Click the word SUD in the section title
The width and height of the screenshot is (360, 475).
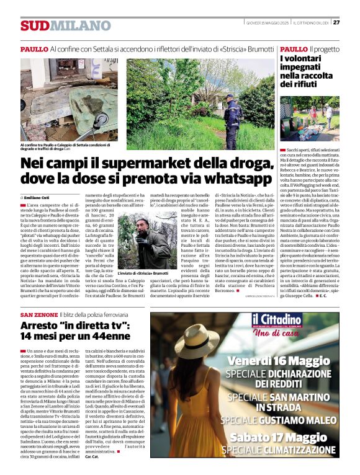click(x=34, y=25)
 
